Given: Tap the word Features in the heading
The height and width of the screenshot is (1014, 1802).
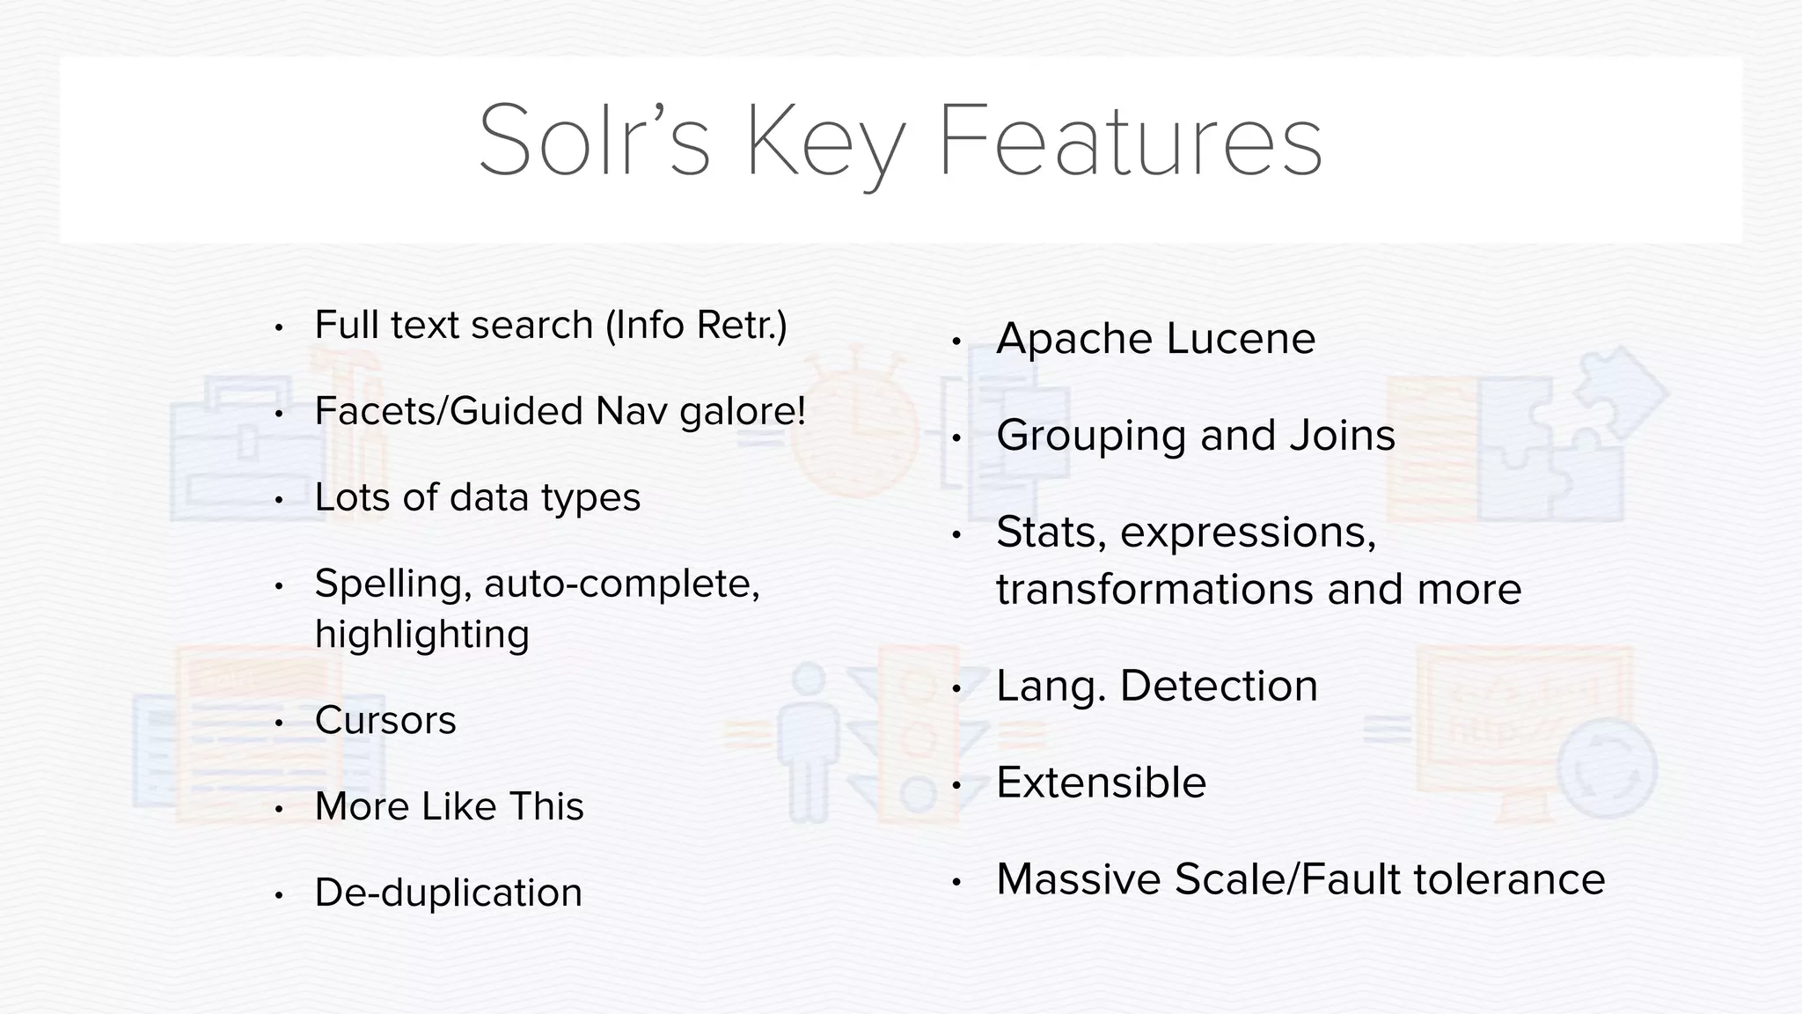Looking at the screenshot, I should pos(1131,141).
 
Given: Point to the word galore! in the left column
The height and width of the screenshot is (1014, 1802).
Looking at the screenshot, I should pos(744,411).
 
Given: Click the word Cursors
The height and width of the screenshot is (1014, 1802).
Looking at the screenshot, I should pos(385,720).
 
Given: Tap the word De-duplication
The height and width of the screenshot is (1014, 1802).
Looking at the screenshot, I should pos(449,893).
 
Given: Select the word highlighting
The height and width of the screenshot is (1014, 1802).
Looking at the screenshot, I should pos(422,635).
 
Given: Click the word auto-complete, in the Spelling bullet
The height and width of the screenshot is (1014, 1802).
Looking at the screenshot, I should pos(622,584).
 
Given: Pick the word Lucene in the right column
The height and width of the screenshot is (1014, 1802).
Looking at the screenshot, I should pos(1242,339).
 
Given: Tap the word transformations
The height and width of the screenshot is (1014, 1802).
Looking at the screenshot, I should pos(1155,589).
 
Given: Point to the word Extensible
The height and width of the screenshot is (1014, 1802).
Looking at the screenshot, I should pos(1101,783).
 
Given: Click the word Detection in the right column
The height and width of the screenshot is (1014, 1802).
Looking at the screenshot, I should pos(1219,686).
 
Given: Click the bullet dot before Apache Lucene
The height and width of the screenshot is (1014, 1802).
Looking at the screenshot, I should pos(957,342).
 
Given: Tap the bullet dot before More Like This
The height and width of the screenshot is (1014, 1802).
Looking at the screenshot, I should pos(278,809).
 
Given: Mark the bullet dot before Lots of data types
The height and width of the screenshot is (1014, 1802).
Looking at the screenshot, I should pos(278,500).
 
